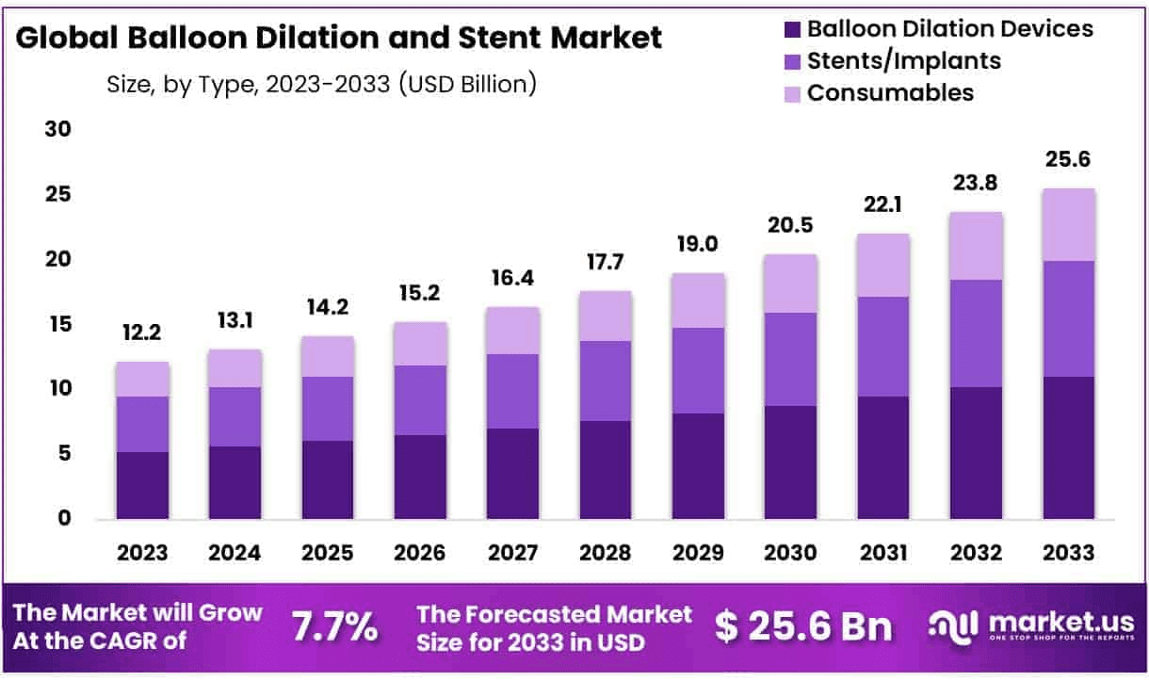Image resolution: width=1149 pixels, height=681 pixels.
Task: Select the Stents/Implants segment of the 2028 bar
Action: (x=606, y=381)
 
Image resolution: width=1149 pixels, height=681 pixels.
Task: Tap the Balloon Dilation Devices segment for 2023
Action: (x=143, y=485)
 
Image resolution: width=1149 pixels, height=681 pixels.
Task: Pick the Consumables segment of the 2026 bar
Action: (x=420, y=344)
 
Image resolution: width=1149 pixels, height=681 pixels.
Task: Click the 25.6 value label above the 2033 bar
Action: (x=1067, y=160)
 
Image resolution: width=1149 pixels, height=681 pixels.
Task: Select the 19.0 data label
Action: (x=698, y=245)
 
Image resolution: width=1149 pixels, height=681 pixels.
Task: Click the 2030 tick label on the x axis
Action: (x=790, y=553)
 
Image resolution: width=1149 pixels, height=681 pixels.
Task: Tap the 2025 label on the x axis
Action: (x=328, y=553)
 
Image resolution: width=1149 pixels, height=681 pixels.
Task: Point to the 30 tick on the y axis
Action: (x=57, y=130)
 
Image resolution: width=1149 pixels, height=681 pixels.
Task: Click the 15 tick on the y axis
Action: (x=57, y=324)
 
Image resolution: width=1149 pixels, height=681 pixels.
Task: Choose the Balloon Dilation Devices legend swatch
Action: (x=791, y=29)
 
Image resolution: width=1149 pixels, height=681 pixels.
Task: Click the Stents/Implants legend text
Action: (x=903, y=61)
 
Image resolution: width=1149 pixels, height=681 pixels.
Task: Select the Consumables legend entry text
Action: (x=890, y=93)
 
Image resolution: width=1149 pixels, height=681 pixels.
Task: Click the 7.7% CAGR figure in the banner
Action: (x=334, y=626)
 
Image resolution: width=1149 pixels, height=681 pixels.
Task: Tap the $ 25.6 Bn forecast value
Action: (x=803, y=626)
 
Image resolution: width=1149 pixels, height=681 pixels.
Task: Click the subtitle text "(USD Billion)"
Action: (x=468, y=83)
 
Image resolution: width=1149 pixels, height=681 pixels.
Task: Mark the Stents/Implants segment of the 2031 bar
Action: (x=882, y=347)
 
